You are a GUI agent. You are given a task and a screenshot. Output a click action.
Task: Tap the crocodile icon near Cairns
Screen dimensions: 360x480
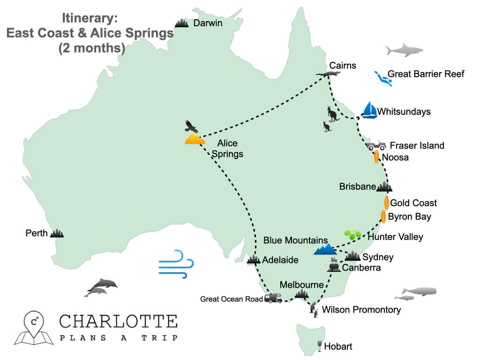pos(327,75)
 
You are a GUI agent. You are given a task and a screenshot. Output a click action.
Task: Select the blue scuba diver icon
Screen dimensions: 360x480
pos(383,78)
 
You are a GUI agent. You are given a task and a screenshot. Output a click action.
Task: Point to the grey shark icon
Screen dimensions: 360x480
pos(404,50)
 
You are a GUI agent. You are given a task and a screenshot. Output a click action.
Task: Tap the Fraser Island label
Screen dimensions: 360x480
pos(417,145)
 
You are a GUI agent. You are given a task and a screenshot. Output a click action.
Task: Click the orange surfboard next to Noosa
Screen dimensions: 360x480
pos(376,157)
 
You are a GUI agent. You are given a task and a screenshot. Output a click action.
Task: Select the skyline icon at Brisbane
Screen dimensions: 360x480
pos(384,187)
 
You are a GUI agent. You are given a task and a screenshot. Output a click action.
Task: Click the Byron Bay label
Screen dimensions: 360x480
pos(409,217)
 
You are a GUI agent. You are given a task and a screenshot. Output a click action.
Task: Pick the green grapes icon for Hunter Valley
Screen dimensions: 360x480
pos(352,233)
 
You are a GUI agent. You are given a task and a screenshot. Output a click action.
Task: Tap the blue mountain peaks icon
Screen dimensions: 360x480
pos(325,249)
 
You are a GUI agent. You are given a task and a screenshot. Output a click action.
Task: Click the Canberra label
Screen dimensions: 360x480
pos(361,268)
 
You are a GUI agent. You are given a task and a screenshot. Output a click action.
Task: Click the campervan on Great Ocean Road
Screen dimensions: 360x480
pos(273,298)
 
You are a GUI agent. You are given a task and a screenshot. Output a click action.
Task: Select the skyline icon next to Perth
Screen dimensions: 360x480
pos(57,232)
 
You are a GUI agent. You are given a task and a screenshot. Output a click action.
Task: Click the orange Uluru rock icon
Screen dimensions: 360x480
pos(195,139)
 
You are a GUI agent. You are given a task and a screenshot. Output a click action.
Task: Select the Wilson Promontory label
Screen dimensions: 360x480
pos(361,309)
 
